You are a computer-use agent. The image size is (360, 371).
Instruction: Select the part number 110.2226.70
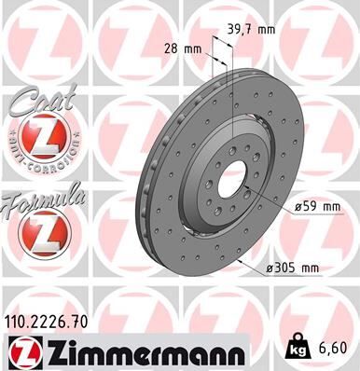[50, 322]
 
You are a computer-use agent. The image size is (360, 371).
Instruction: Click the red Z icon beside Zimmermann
[25, 351]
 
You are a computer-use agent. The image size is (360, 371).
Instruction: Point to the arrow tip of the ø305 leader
[244, 263]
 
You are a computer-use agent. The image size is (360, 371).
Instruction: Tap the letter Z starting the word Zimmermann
[53, 351]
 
